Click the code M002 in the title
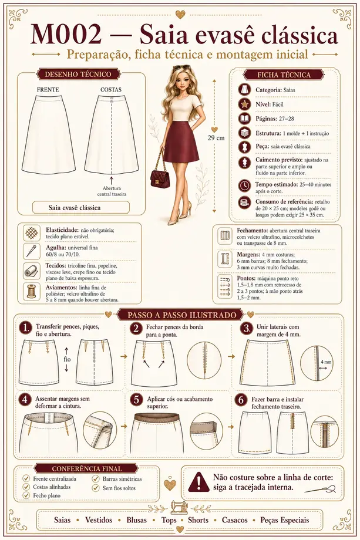[66, 35]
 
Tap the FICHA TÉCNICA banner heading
[284, 75]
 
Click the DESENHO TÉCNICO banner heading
[78, 75]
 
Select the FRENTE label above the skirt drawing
[48, 90]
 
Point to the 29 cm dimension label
[216, 138]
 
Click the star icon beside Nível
[244, 104]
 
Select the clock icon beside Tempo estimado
[244, 185]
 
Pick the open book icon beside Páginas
[244, 119]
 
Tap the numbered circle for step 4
[25, 400]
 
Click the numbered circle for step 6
[241, 400]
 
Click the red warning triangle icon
[198, 481]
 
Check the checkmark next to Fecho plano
[26, 495]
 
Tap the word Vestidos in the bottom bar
[99, 520]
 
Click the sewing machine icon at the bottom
[179, 508]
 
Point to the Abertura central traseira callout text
[112, 191]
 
